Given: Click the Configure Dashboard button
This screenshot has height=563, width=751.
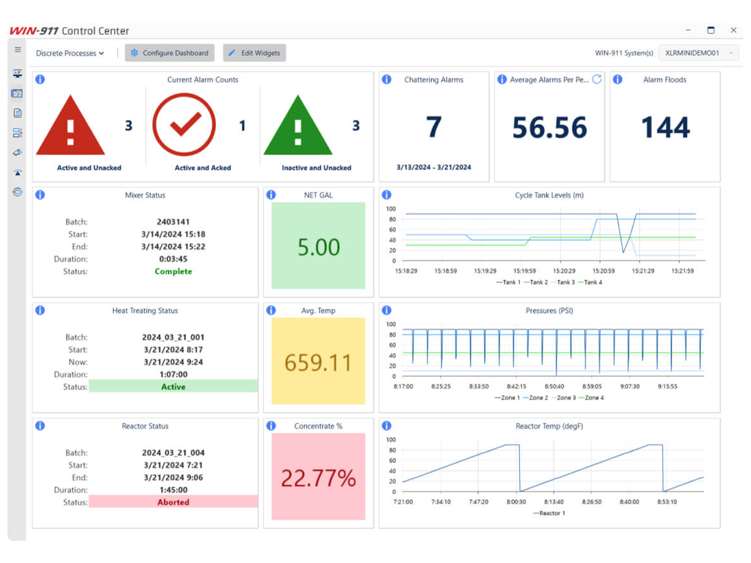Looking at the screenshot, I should pos(170,53).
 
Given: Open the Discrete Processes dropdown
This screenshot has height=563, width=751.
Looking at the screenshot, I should pos(70,53).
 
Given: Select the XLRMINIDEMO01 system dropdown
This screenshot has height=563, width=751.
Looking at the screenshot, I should pos(698,53).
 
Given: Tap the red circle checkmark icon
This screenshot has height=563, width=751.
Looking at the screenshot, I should pos(184,125).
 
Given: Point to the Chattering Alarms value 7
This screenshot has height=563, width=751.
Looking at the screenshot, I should pos(434,127).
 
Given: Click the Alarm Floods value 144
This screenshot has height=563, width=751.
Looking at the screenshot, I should pos(665,127).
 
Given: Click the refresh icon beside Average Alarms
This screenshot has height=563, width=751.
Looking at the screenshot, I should pos(596,80).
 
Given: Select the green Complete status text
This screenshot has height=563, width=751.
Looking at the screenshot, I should pos(173,271).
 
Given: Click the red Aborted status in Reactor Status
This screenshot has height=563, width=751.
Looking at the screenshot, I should pos(173,502).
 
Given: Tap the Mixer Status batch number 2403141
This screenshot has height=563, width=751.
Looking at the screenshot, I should pos(173,222).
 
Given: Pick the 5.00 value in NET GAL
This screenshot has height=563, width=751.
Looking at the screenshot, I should pos(318,247).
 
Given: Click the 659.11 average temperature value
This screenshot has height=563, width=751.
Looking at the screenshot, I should pos(318,362).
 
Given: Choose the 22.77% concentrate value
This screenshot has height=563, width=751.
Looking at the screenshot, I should pos(318,478).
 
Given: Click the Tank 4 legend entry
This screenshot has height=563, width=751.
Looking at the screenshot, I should pos(590,282).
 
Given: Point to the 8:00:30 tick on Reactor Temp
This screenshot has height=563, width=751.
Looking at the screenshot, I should pos(516,502).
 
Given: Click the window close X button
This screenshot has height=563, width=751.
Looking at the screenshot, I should pos(733,30).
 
